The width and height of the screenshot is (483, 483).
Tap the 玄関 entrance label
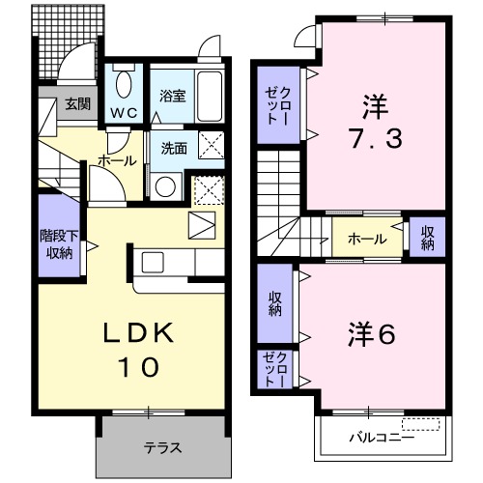(78, 104)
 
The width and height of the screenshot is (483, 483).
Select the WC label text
(123, 113)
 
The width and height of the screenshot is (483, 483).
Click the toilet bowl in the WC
(123, 84)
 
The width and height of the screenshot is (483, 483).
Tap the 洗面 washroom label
(173, 150)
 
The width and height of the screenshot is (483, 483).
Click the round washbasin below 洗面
(166, 185)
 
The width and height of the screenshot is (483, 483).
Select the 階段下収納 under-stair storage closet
(59, 245)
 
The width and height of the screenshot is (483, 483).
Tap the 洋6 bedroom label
(371, 334)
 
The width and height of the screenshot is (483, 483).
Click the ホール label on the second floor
(367, 239)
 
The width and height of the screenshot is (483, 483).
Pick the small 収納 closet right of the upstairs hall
(426, 238)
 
